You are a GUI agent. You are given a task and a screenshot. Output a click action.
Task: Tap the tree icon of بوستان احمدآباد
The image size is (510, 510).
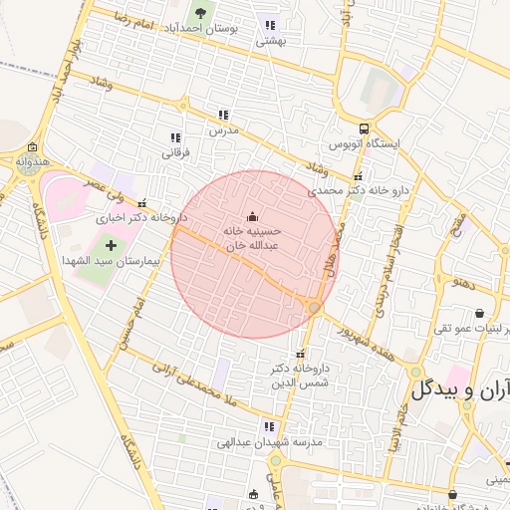click(202, 13)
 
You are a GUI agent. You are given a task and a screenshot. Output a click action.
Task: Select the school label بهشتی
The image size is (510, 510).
click(271, 41)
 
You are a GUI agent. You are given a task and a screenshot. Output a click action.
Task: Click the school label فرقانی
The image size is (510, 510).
click(175, 153)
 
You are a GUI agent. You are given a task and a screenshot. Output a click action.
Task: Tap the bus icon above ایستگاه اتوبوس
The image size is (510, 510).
click(364, 128)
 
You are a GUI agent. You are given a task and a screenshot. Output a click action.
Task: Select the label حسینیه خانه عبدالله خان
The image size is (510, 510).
click(251, 236)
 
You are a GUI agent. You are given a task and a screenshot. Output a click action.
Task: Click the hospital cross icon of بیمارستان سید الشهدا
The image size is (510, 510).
click(110, 244)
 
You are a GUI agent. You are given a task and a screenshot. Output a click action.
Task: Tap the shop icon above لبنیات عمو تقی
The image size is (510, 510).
click(479, 313)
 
